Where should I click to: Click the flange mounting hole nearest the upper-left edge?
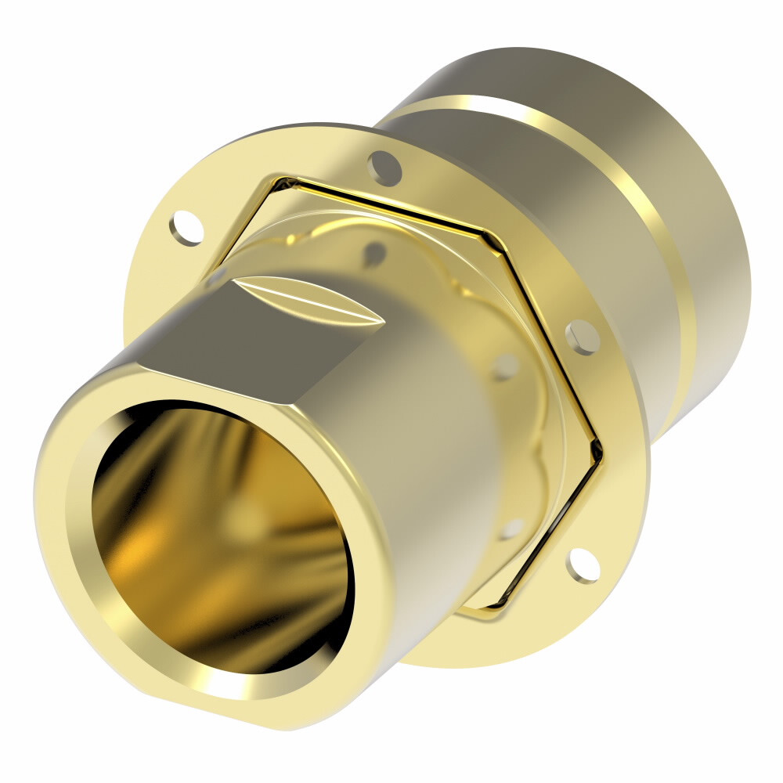click(186, 226)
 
